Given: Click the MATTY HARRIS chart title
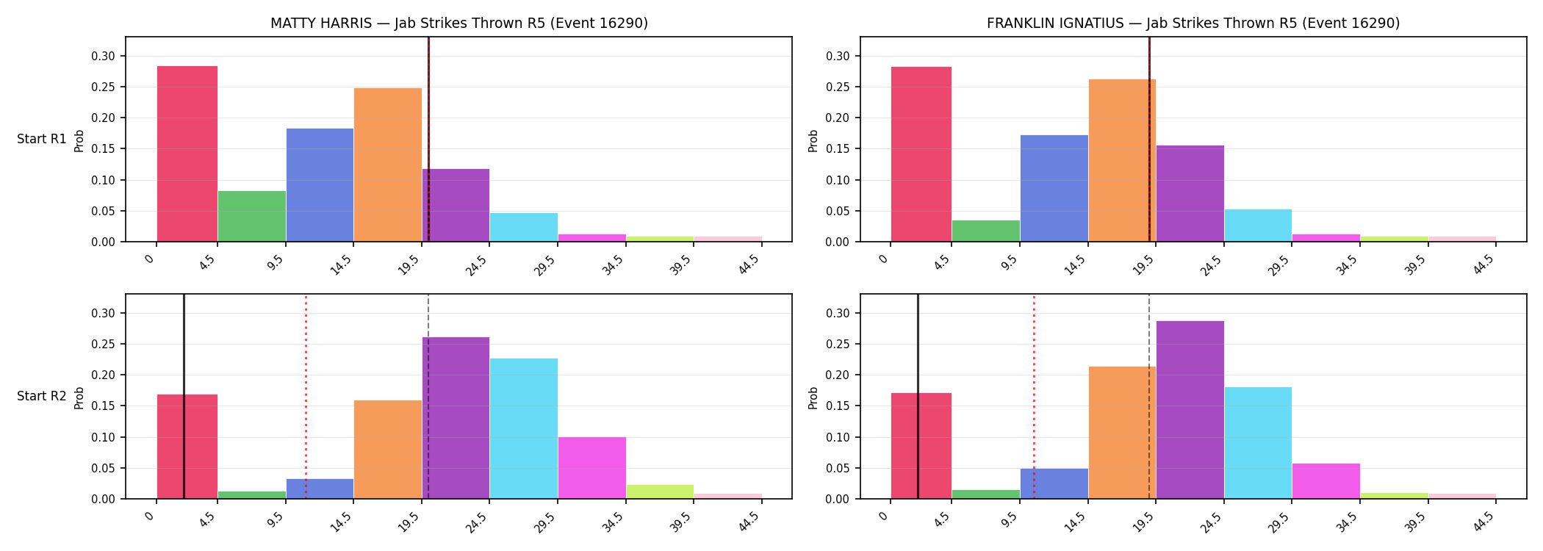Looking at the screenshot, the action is tap(459, 23).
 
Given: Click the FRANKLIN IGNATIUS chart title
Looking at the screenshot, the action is tap(1193, 23).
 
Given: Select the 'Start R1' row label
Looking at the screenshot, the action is tap(42, 139).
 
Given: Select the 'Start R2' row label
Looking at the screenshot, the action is tap(42, 396).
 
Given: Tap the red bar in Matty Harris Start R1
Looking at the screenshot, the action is tap(187, 154).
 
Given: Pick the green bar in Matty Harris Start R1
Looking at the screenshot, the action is tap(251, 216).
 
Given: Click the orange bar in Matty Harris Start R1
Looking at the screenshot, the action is tap(388, 165).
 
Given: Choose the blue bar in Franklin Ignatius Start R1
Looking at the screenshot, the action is tap(1054, 188).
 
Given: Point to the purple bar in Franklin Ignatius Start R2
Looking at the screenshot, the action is tap(1190, 410).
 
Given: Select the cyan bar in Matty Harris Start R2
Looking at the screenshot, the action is tap(524, 428).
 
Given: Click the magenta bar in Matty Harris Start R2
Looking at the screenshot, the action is tap(592, 468).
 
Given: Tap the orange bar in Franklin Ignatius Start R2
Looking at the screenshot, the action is tap(1122, 433).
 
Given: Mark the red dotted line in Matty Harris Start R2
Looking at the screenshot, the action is tap(306, 397).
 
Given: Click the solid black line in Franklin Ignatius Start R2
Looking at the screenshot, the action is tap(918, 397).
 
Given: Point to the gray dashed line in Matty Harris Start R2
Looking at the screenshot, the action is tap(428, 397).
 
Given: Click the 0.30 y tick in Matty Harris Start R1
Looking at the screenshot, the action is tap(103, 56).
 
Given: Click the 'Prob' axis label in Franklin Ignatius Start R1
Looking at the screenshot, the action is tap(813, 140).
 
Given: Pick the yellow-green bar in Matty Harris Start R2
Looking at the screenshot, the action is tap(660, 491).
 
